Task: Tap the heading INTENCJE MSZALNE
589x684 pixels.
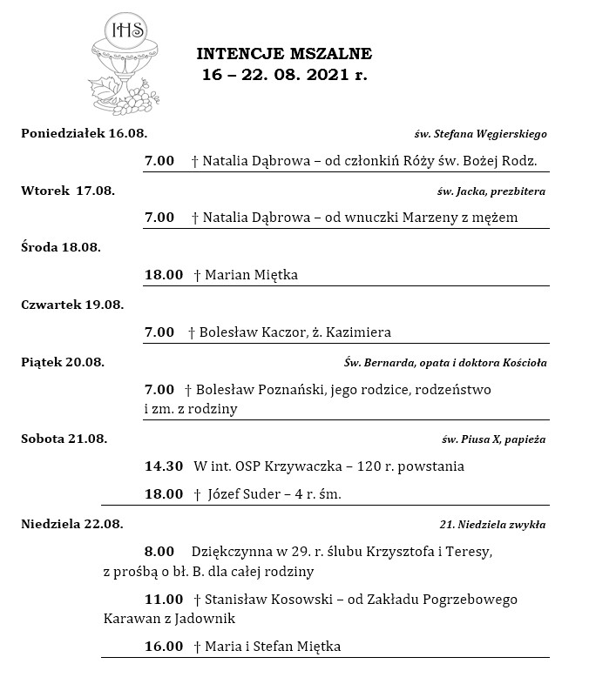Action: point(284,55)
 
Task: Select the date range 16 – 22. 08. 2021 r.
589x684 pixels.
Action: point(284,75)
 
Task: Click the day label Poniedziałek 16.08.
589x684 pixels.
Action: point(85,133)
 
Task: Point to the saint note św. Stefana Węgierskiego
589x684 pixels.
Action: point(480,134)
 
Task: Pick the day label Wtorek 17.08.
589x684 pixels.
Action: point(68,191)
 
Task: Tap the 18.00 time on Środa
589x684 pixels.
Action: point(164,275)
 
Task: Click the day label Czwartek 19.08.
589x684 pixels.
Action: point(72,305)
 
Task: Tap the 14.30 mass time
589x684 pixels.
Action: point(164,466)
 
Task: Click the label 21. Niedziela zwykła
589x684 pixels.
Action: point(492,525)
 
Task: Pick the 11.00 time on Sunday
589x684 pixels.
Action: point(164,600)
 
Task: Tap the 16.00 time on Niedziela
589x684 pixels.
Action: point(164,647)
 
